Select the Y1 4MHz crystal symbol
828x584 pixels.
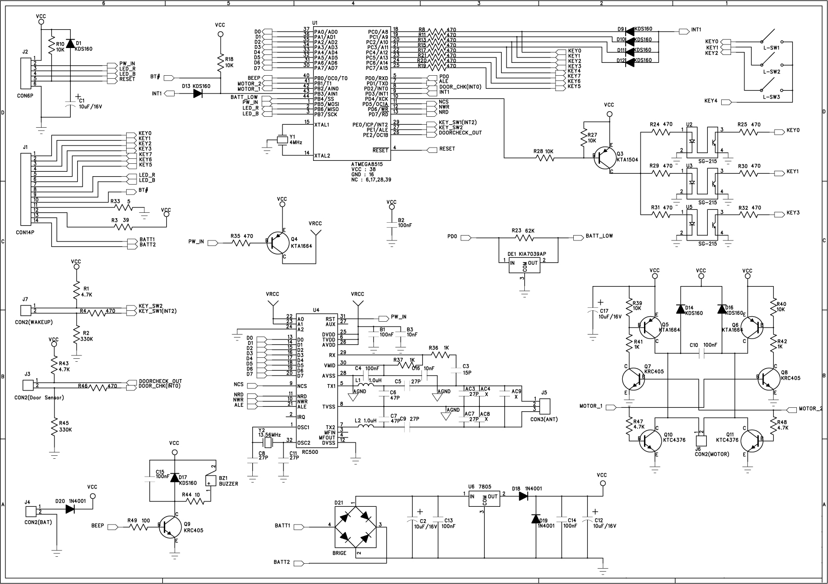(x=282, y=140)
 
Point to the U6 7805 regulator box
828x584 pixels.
(x=484, y=499)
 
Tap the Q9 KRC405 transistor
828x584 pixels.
(x=170, y=527)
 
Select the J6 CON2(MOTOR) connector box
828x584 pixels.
(x=701, y=440)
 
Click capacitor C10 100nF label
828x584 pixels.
(x=701, y=344)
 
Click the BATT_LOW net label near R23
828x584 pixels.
(x=599, y=236)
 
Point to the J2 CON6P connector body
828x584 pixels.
(x=25, y=72)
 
